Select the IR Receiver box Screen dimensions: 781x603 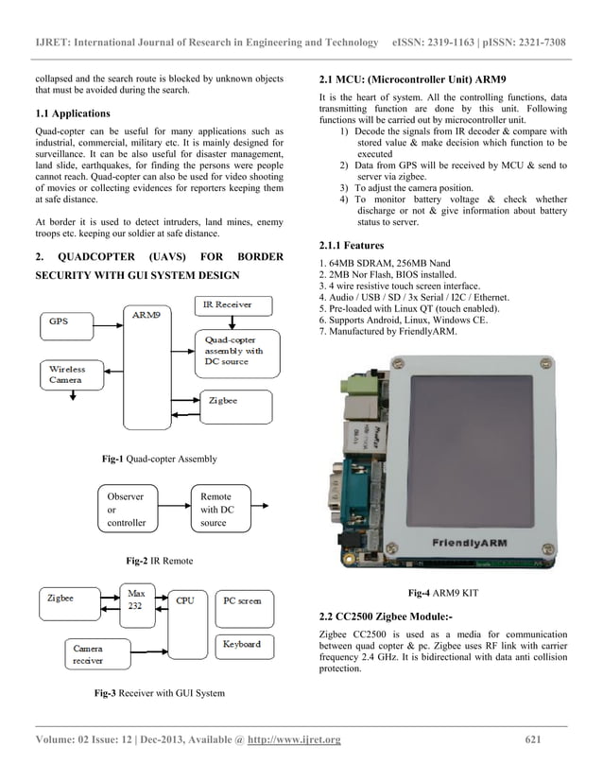pos(233,305)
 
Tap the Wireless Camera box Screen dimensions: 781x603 pos(71,374)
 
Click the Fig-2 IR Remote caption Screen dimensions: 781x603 pos(159,561)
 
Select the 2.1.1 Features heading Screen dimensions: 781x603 pos(355,246)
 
